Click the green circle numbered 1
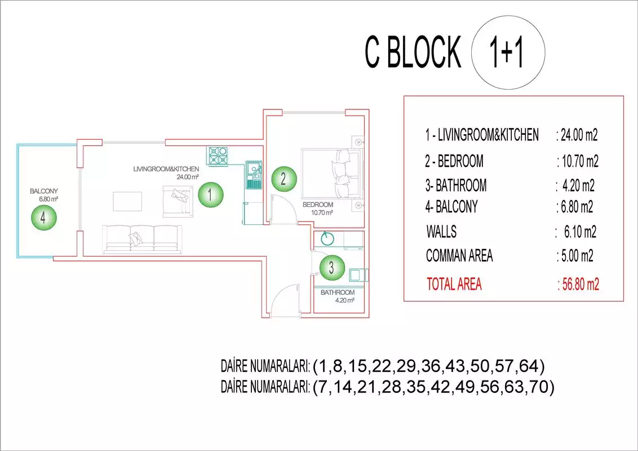tap(210, 194)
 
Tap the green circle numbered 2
tap(283, 179)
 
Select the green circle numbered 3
tap(332, 267)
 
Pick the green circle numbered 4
tap(44, 218)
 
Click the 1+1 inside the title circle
tap(507, 52)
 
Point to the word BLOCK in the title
tap(424, 52)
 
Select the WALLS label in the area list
tap(441, 232)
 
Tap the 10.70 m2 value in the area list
tap(580, 162)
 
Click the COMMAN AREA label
tap(459, 255)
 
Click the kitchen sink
tap(254, 175)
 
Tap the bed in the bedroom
tap(331, 174)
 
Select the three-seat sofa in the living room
tap(142, 239)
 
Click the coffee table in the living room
tap(127, 201)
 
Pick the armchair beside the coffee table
tap(178, 201)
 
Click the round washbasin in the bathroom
tap(327, 239)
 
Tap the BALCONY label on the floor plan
tap(44, 191)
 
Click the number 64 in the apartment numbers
tap(529, 366)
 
